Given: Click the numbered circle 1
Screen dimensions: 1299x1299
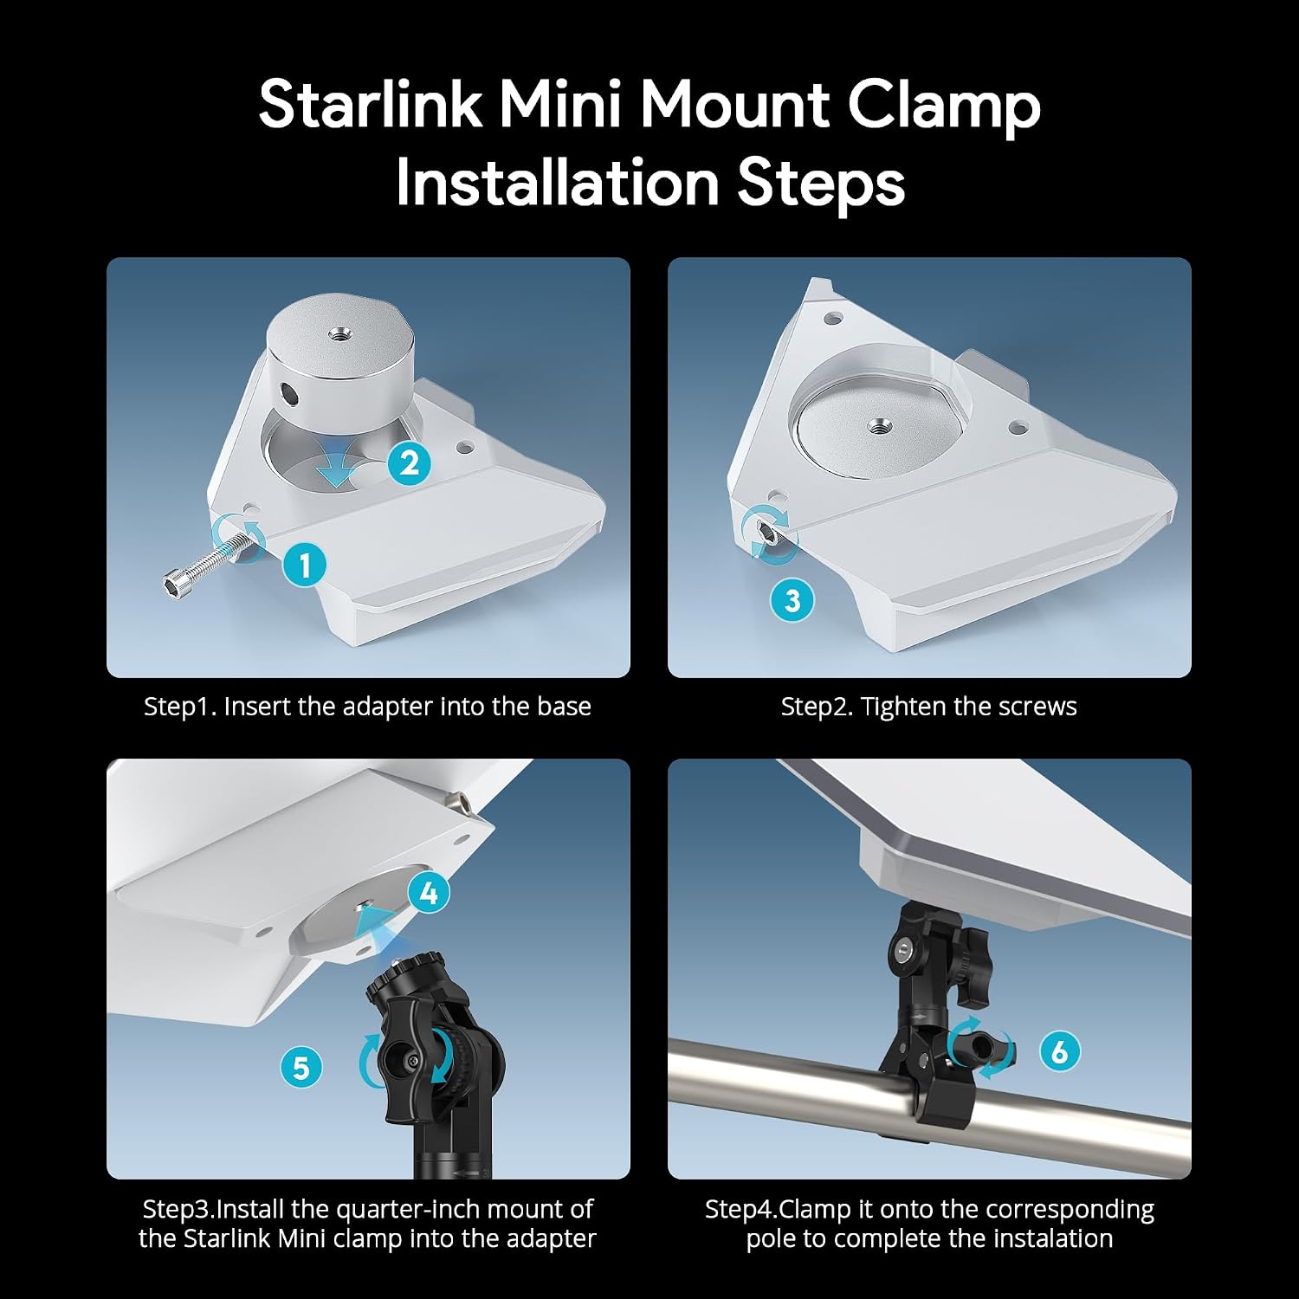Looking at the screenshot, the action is (305, 565).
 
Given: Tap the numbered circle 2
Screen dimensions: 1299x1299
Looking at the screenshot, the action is (410, 463).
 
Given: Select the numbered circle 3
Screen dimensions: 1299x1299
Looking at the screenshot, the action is (792, 600).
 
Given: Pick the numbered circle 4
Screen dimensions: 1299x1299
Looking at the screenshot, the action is (429, 893).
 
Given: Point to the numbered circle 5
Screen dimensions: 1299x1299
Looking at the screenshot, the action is (301, 1067).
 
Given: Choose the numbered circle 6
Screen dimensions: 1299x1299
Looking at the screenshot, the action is (1059, 1051).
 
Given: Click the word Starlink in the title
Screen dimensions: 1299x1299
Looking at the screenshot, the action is (370, 104).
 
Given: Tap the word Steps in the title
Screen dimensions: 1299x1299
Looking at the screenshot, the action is (820, 184).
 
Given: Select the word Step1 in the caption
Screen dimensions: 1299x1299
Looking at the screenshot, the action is (179, 707).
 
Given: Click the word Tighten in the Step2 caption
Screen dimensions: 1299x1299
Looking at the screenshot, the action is (903, 707).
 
